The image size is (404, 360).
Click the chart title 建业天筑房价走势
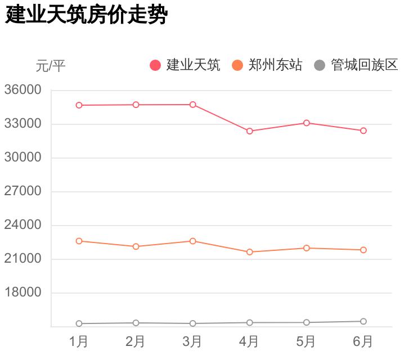click(x=86, y=15)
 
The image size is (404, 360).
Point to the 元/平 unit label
click(x=51, y=66)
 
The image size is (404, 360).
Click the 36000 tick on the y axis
click(x=23, y=90)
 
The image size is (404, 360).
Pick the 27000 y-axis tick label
click(x=23, y=191)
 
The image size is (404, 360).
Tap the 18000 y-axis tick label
click(x=23, y=292)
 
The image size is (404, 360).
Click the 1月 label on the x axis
click(x=79, y=341)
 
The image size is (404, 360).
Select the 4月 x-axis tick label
click(x=249, y=341)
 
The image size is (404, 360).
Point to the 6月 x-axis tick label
click(x=363, y=341)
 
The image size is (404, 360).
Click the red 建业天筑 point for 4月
click(x=249, y=131)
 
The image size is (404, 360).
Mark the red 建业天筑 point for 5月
click(x=306, y=123)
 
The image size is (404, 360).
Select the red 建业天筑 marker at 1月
click(x=79, y=105)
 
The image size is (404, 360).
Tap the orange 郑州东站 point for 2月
click(x=136, y=246)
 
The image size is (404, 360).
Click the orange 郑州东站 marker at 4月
click(x=249, y=252)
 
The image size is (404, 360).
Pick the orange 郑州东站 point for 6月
click(x=363, y=250)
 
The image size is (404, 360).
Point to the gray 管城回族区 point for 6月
click(x=363, y=322)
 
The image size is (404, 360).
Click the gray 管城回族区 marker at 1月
click(x=79, y=323)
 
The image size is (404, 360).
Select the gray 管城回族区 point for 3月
click(x=192, y=323)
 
